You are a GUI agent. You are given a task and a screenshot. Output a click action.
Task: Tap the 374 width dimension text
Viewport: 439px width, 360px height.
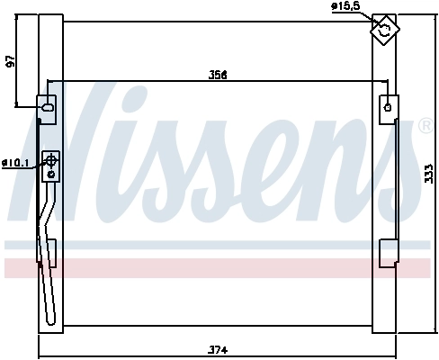pos(217,350)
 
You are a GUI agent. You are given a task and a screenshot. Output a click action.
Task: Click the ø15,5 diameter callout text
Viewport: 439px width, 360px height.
pos(345,6)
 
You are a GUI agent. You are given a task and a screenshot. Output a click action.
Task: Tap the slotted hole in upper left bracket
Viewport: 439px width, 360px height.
pos(46,110)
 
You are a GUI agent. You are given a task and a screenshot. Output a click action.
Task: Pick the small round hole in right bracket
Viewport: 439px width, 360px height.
pos(388,105)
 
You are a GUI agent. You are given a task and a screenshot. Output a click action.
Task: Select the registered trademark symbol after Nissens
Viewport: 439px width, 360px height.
pos(426,126)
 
